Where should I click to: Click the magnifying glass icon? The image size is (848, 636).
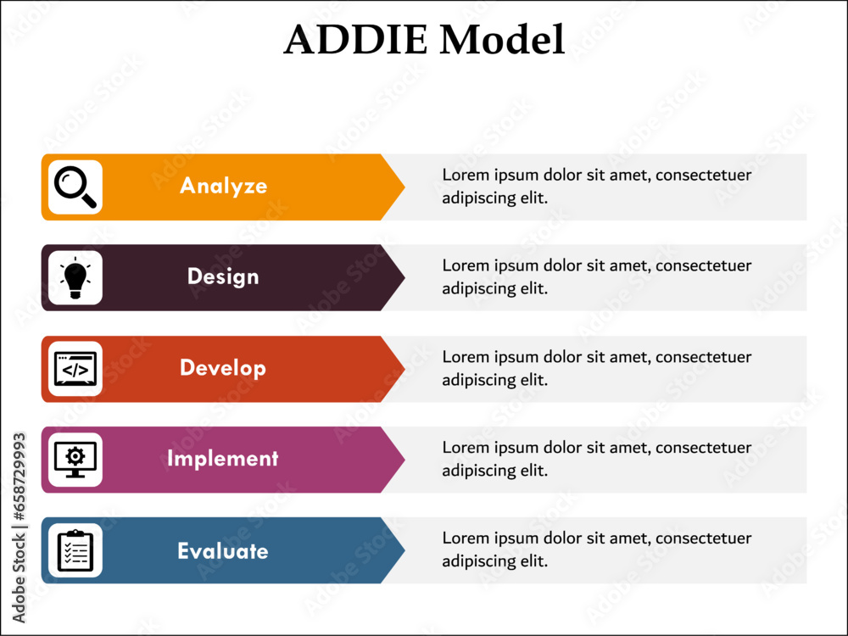coord(75,187)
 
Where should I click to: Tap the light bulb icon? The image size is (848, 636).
coord(75,278)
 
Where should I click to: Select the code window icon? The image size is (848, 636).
coord(75,369)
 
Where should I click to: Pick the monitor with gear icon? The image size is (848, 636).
coord(75,460)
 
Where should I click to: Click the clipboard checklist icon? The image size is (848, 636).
coord(75,550)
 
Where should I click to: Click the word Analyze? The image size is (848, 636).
coord(223,186)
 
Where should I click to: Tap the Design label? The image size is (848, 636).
coord(223,276)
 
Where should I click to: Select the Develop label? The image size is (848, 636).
coord(223,368)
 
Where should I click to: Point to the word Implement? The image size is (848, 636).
coord(222,459)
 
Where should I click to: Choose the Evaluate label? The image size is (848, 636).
coord(223,550)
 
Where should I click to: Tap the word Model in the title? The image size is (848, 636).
coord(502,39)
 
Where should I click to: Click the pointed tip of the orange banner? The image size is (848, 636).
coord(404,187)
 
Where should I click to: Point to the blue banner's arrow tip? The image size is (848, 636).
coord(404,550)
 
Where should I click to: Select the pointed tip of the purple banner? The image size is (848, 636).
coord(404,460)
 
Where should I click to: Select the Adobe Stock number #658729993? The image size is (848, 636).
coord(19,476)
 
